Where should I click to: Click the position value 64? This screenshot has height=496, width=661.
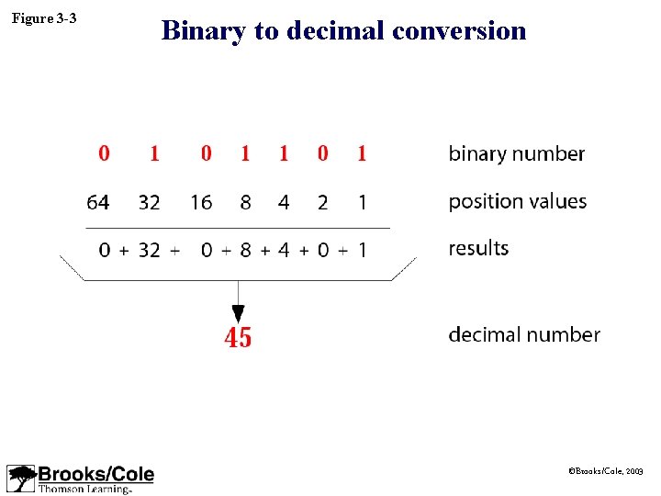pyautogui.click(x=97, y=202)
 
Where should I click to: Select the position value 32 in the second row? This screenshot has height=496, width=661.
pyautogui.click(x=149, y=202)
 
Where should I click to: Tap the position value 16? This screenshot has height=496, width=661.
pyautogui.click(x=201, y=202)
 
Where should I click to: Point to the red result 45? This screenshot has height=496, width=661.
pyautogui.click(x=238, y=338)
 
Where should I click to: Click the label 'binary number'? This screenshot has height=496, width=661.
pyautogui.click(x=516, y=153)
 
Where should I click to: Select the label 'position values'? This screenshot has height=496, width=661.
pyautogui.click(x=517, y=201)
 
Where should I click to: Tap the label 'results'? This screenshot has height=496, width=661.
pyautogui.click(x=478, y=248)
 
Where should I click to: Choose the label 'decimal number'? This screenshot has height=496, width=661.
pyautogui.click(x=524, y=334)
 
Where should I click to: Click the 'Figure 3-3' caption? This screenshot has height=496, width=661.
pyautogui.click(x=44, y=18)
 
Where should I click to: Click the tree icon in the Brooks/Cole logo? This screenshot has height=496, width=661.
pyautogui.click(x=21, y=479)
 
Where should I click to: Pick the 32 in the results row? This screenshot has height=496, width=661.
pyautogui.click(x=149, y=249)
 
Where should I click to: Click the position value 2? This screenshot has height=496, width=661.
pyautogui.click(x=322, y=202)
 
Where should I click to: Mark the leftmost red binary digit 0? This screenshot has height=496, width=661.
pyautogui.click(x=104, y=153)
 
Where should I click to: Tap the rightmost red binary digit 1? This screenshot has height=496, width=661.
pyautogui.click(x=362, y=153)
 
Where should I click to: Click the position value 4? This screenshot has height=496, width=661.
pyautogui.click(x=284, y=202)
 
